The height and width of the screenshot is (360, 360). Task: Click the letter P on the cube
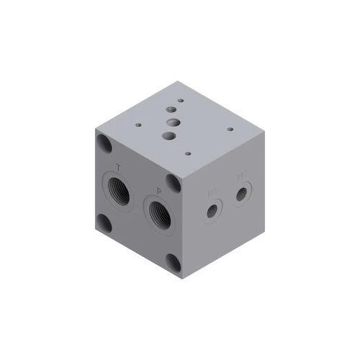[x=158, y=191]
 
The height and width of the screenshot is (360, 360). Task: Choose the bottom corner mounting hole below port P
[x=172, y=261]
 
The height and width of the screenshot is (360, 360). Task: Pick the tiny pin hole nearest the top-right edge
[x=230, y=130]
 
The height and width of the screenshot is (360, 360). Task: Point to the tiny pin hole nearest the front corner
[x=187, y=153]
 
